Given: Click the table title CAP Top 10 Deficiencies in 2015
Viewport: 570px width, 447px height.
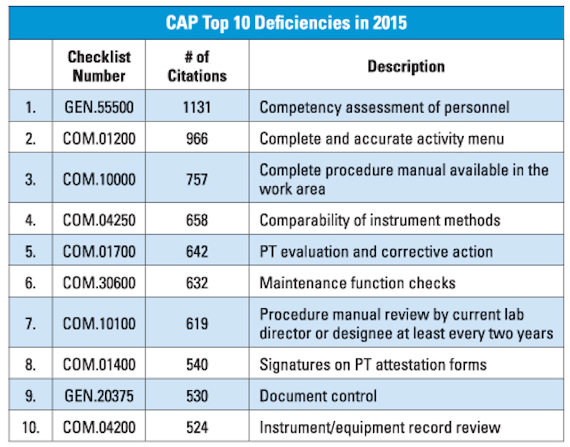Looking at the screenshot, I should click(286, 23).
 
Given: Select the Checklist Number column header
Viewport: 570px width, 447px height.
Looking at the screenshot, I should click(99, 66).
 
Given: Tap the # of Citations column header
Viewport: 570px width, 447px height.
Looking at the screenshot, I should click(197, 66).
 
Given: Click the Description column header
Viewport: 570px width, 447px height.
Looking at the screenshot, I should click(406, 66).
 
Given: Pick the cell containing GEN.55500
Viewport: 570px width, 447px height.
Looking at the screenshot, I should click(99, 107).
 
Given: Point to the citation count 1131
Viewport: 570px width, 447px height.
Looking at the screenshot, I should click(197, 107).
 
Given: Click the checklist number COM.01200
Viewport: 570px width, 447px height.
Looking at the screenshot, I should click(99, 139).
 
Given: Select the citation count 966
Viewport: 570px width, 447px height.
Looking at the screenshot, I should click(197, 139).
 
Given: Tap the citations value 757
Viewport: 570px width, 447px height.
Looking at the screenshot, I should click(197, 179).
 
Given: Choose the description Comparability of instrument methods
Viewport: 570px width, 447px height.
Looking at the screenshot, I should click(380, 220).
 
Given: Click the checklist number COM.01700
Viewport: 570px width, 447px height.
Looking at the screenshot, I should click(99, 251).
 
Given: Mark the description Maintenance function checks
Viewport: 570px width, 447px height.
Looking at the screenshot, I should click(357, 283).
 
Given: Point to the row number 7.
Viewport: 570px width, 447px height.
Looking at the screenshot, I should click(30, 324).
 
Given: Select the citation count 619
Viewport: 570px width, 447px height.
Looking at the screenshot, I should click(197, 324).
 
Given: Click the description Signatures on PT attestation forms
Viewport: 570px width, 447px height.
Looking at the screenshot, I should click(372, 365).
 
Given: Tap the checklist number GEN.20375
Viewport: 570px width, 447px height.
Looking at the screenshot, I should click(99, 396).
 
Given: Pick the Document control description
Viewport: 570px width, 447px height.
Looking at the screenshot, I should click(318, 396).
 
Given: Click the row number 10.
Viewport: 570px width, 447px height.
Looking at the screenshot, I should click(30, 428).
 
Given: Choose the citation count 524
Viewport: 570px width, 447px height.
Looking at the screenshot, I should click(197, 428).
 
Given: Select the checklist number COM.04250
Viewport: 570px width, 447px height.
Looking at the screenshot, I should click(99, 220).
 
